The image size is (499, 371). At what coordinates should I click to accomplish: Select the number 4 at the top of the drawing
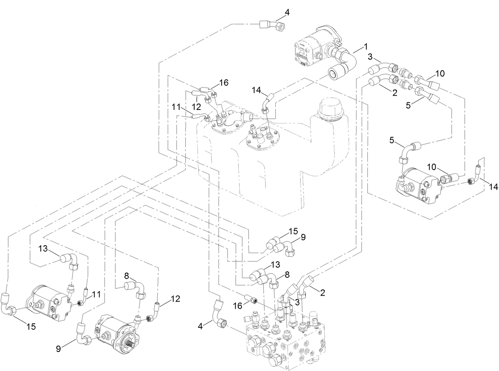pyautogui.click(x=287, y=12)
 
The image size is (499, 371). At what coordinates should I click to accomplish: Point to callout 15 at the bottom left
pyautogui.click(x=31, y=326)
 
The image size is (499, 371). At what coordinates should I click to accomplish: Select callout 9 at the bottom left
pyautogui.click(x=59, y=348)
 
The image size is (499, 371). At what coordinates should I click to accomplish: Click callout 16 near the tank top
pyautogui.click(x=224, y=82)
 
